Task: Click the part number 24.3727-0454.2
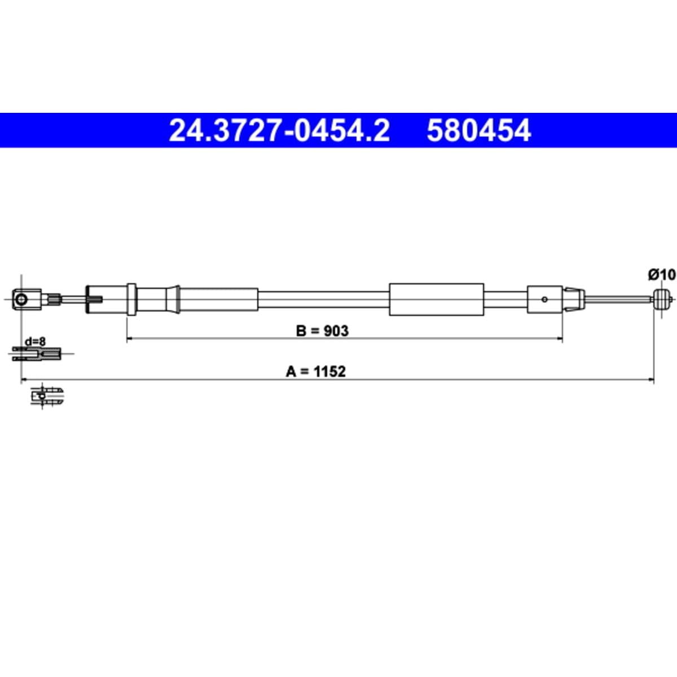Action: coord(279,131)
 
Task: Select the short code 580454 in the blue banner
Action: coord(478,131)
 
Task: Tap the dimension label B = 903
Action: coord(322,331)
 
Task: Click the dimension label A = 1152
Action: coord(316,371)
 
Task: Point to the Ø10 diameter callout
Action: coord(661,275)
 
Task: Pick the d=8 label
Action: coord(35,342)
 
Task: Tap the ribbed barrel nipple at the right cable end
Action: coord(662,299)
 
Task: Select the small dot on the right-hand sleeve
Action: coord(544,300)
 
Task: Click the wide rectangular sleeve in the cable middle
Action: coord(436,299)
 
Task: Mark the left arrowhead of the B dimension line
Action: coord(129,338)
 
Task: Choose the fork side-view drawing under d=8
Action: coord(37,354)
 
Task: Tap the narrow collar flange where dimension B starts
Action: coord(131,300)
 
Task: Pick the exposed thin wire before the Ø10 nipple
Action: coord(618,299)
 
